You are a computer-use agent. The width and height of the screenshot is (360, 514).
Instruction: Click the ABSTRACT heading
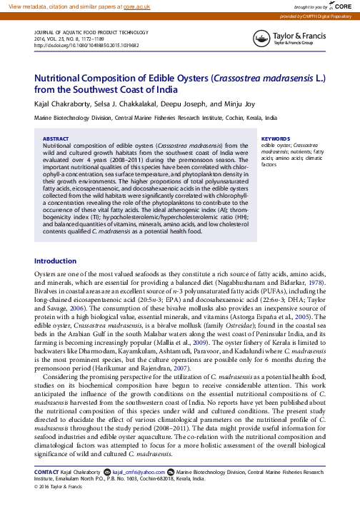click(56, 138)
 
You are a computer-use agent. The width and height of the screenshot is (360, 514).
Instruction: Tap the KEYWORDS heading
click(275, 138)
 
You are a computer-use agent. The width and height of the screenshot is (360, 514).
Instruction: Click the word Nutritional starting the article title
click(61, 78)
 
